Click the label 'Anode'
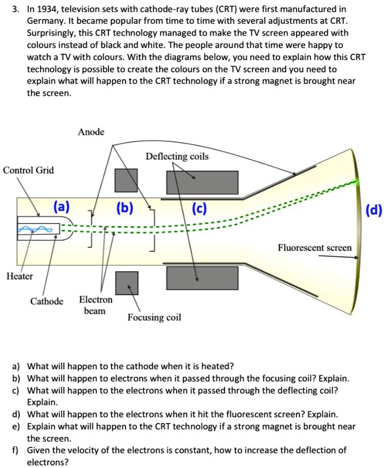click(x=91, y=132)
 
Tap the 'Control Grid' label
click(x=29, y=170)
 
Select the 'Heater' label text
click(x=19, y=276)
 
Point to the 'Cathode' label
click(x=47, y=301)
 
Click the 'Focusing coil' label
click(x=154, y=317)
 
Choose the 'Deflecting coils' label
click(x=177, y=156)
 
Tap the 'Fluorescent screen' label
click(x=315, y=248)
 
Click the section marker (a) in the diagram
click(x=61, y=208)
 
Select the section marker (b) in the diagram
click(x=125, y=208)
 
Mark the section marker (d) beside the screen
click(x=374, y=210)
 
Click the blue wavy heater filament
click(x=35, y=229)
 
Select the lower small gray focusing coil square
click(x=126, y=282)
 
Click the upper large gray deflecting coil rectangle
click(x=202, y=182)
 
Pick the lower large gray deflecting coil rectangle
click(x=202, y=278)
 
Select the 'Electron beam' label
click(x=95, y=305)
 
